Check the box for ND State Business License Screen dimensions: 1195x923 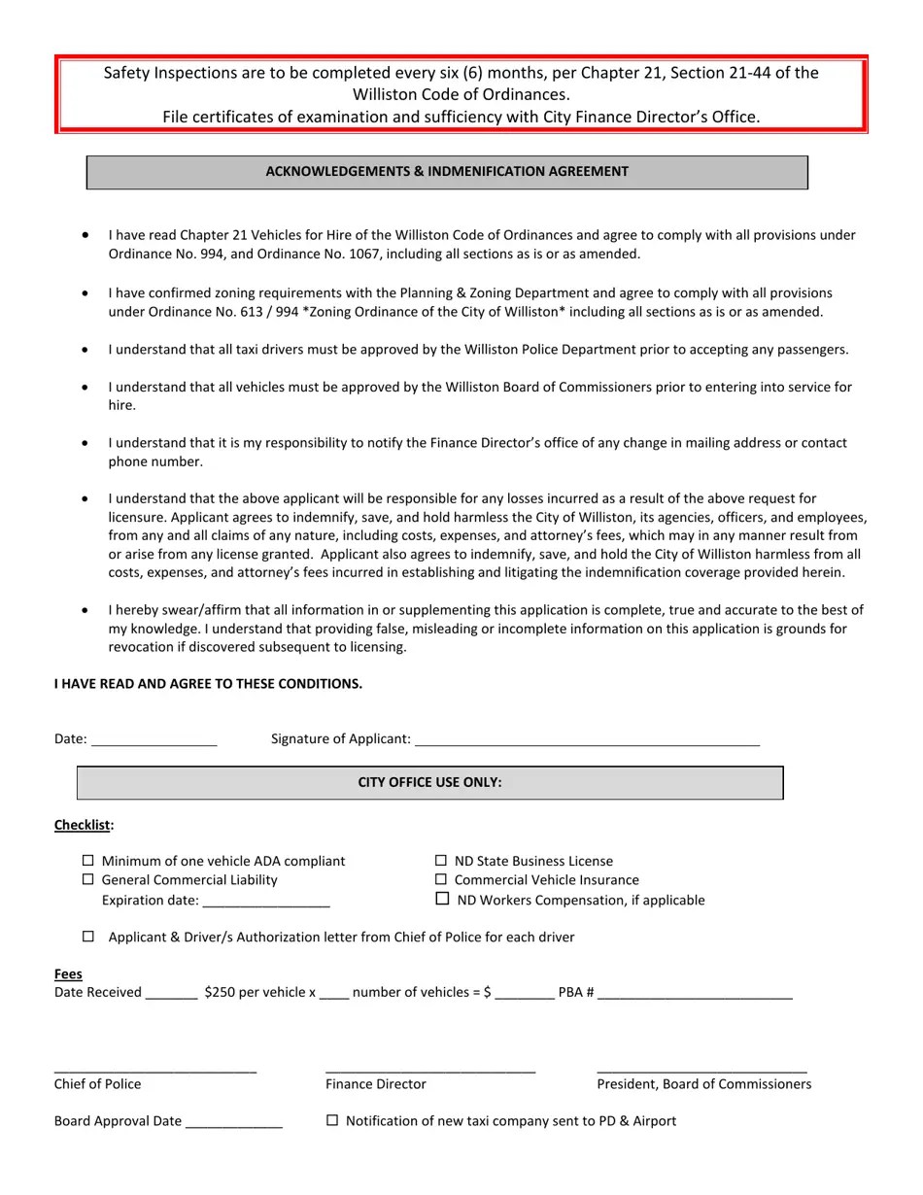[441, 861]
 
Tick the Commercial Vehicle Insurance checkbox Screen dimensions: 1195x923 [441, 880]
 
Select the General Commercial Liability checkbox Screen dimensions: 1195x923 [88, 880]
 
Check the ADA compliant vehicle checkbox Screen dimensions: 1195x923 [88, 861]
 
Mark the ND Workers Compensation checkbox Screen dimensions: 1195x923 [442, 900]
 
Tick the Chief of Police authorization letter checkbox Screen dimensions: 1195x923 [88, 937]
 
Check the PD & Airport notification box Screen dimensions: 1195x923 [332, 1120]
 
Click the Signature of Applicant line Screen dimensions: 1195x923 [587, 740]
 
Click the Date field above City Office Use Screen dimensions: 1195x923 [154, 740]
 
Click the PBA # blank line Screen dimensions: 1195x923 [695, 994]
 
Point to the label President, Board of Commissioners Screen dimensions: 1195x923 [703, 1084]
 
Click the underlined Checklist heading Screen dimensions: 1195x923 [83, 825]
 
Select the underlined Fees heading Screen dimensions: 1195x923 [68, 973]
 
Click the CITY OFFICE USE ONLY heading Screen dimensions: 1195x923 [429, 782]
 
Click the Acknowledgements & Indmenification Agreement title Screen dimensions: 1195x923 [447, 172]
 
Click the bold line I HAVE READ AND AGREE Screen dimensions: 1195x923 [208, 684]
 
